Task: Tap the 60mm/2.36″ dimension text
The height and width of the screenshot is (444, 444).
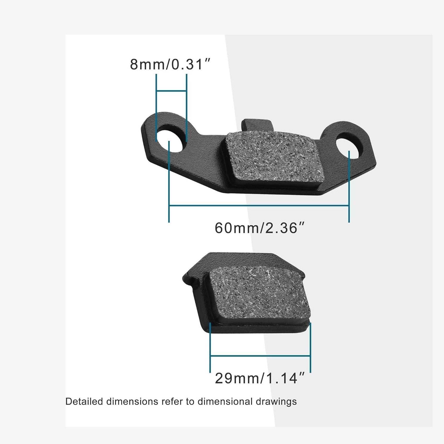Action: [260, 228]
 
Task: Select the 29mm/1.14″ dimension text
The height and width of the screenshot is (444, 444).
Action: [260, 378]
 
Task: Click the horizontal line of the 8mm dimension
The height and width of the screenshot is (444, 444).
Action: [171, 91]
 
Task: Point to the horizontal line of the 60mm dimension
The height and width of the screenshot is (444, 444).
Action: [259, 206]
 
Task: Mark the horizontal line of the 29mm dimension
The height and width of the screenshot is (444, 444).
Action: [260, 356]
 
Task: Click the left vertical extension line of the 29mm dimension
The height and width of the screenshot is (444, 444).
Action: [210, 348]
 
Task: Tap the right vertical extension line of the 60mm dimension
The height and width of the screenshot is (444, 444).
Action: [349, 187]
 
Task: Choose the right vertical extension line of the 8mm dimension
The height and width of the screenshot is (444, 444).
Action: [187, 107]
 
